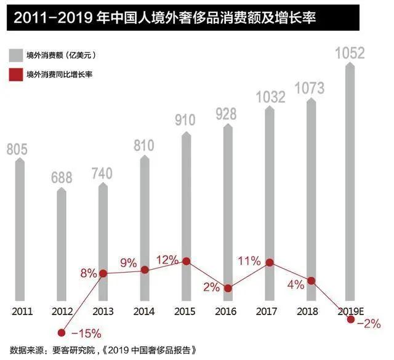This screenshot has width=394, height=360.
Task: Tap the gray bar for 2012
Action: (x=62, y=246)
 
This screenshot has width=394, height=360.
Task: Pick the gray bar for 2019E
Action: (x=350, y=185)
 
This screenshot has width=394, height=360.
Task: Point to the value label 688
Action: (x=62, y=178)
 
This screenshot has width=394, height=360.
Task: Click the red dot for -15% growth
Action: (x=62, y=332)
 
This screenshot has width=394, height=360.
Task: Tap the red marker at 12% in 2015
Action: (x=186, y=261)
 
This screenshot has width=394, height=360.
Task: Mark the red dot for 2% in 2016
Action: (x=228, y=288)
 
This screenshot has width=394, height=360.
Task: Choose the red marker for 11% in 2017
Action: (x=269, y=263)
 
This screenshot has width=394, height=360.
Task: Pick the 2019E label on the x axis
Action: (x=350, y=311)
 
